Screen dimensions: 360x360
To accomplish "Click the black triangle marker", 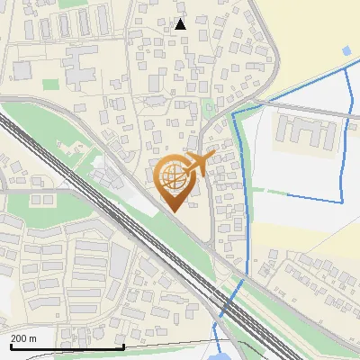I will (180, 24).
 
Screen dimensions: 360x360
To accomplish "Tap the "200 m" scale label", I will (23, 338).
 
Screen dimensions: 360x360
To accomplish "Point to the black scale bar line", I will (67, 346).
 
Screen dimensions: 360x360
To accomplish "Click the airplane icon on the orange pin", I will (201, 162).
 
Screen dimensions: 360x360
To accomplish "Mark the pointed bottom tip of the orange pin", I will (172, 211).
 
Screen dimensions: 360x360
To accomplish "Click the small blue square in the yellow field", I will (346, 49).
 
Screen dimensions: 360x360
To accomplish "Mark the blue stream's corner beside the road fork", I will (234, 115).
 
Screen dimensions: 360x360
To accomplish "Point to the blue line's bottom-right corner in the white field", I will (341, 199).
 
